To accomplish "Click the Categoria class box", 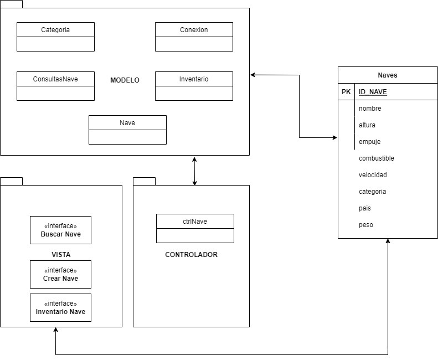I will click(x=55, y=37).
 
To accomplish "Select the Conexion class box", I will click(x=194, y=37).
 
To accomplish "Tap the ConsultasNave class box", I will click(x=55, y=86).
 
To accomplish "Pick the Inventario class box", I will click(x=194, y=86).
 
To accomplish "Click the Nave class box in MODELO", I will click(x=127, y=130).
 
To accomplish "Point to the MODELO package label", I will click(x=125, y=80).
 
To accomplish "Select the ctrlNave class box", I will click(x=195, y=228).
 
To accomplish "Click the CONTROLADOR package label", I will click(x=191, y=255).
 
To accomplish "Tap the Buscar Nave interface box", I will click(x=60, y=230).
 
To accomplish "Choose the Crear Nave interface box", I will click(x=60, y=274).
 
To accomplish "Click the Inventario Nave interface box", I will click(x=60, y=307).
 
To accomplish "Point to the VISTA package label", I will click(x=60, y=255).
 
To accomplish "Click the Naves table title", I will click(x=388, y=75).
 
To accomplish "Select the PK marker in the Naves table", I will click(x=346, y=92).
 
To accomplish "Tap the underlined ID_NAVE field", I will click(x=373, y=92).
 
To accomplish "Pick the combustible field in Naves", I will click(x=377, y=158).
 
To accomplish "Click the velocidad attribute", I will click(x=373, y=175).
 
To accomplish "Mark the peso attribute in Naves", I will click(x=366, y=225).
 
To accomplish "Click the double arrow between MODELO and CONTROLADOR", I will click(x=194, y=171).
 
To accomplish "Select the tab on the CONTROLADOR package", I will click(x=144, y=181).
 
